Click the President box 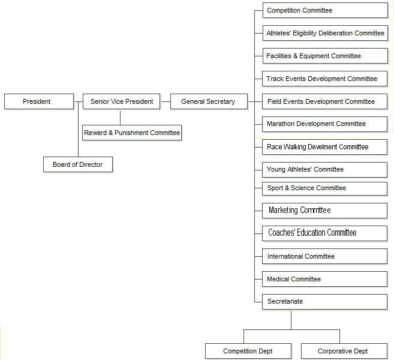click(x=39, y=101)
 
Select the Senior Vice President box click(x=121, y=101)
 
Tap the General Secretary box click(x=209, y=101)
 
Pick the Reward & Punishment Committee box click(x=132, y=133)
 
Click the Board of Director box click(x=78, y=164)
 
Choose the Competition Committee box click(x=325, y=10)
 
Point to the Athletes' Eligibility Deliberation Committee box click(x=325, y=33)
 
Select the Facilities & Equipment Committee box click(x=325, y=56)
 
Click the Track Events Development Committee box click(x=324, y=79)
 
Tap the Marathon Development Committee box click(x=324, y=124)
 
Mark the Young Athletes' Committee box click(x=324, y=170)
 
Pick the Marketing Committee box click(x=324, y=211)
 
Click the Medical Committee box click(x=324, y=279)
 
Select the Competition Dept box click(x=248, y=351)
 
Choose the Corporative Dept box click(x=344, y=351)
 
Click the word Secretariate click(x=285, y=301)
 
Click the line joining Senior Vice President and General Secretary click(x=166, y=101)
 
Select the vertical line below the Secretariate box click(x=291, y=320)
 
